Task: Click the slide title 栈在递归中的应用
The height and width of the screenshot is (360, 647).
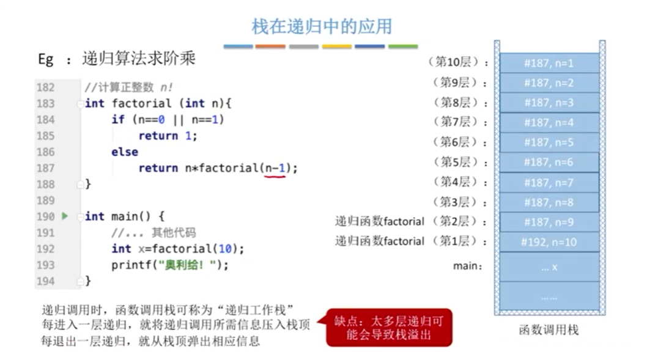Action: pyautogui.click(x=322, y=26)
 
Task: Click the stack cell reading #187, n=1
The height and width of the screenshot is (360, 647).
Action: pyautogui.click(x=549, y=63)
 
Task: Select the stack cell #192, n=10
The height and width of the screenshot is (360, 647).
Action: pyautogui.click(x=549, y=242)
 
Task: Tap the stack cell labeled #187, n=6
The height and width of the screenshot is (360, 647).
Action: pyautogui.click(x=549, y=162)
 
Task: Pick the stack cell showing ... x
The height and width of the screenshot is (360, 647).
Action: pyautogui.click(x=549, y=267)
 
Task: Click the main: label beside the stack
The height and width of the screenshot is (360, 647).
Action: pyautogui.click(x=467, y=266)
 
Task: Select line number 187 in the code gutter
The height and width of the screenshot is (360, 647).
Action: pyautogui.click(x=45, y=168)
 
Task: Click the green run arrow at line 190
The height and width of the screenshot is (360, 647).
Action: pyautogui.click(x=65, y=216)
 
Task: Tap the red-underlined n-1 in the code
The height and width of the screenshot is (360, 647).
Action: pyautogui.click(x=275, y=168)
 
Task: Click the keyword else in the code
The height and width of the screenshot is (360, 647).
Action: pyautogui.click(x=125, y=152)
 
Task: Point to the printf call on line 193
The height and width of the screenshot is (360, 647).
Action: pyautogui.click(x=169, y=265)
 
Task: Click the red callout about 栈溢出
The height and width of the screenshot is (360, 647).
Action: pyautogui.click(x=389, y=328)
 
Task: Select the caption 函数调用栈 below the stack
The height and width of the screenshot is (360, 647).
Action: pyautogui.click(x=549, y=330)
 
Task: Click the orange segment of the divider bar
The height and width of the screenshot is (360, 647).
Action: pyautogui.click(x=270, y=46)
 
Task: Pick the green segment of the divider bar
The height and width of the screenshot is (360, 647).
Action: pyautogui.click(x=403, y=46)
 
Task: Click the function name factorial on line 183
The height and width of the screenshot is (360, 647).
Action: pyautogui.click(x=141, y=103)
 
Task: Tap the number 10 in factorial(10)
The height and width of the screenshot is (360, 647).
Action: pyautogui.click(x=225, y=249)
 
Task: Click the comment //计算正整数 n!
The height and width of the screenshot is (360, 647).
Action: pyautogui.click(x=128, y=87)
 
